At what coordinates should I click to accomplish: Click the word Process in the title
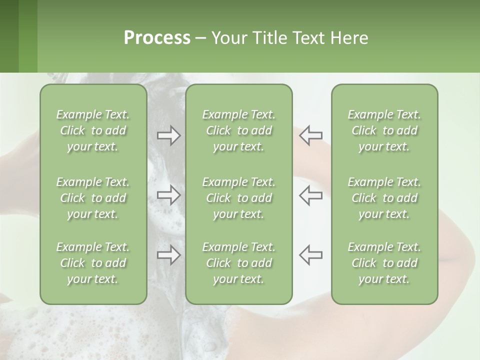[x=157, y=38]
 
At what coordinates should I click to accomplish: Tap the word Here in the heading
[x=349, y=38]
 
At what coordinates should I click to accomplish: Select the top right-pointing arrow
[x=169, y=135]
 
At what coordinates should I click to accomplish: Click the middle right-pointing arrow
[x=169, y=195]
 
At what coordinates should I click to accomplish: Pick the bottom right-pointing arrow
[x=169, y=255]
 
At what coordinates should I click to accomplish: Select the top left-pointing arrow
[x=310, y=135]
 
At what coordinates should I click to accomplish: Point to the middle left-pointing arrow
[x=310, y=195]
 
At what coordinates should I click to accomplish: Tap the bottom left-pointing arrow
[x=310, y=255]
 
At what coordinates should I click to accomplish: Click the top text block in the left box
[x=93, y=130]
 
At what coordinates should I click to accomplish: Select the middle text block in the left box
[x=93, y=198]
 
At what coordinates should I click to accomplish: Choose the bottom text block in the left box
[x=93, y=263]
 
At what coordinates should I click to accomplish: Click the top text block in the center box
[x=238, y=130]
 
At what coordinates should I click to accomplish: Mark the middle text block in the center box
[x=238, y=198]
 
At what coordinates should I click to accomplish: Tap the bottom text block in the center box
[x=238, y=263]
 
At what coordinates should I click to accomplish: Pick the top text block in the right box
[x=384, y=130]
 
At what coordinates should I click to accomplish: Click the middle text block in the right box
[x=384, y=198]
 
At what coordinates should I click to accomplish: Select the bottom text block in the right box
[x=384, y=263]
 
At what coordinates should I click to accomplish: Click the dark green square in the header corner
[x=9, y=36]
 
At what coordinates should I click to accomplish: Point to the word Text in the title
[x=308, y=38]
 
